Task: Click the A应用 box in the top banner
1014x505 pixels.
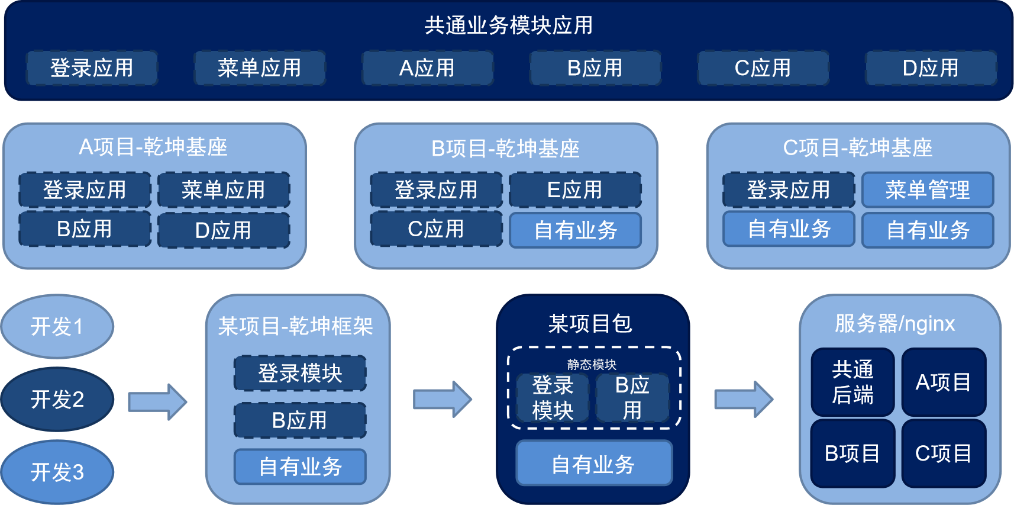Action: tap(427, 68)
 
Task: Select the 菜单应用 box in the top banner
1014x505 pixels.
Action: tap(260, 68)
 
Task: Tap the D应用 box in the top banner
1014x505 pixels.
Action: tap(931, 68)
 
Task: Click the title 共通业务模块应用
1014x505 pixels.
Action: tap(508, 25)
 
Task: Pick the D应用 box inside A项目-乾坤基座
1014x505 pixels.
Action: tap(224, 230)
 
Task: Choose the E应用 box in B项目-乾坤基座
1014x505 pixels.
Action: tap(575, 190)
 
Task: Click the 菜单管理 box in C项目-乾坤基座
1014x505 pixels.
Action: tap(928, 190)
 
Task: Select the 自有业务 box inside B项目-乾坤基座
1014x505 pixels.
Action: tap(575, 230)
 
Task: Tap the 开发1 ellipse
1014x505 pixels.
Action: tap(57, 326)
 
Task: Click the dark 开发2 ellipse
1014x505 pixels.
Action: tap(57, 399)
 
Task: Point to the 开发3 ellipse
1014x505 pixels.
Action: tap(57, 472)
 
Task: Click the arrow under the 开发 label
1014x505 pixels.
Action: tap(157, 401)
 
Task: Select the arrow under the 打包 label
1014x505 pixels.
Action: tap(443, 399)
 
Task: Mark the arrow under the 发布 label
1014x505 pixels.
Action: tap(744, 399)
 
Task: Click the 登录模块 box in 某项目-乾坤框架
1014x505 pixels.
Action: tap(300, 373)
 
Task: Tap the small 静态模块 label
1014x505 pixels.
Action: tap(592, 364)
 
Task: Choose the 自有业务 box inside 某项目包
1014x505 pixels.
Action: tap(594, 464)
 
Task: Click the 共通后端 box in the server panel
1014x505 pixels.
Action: tap(852, 382)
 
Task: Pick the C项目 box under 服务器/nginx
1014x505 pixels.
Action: tap(944, 453)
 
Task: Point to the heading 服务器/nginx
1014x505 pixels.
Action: tap(894, 324)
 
